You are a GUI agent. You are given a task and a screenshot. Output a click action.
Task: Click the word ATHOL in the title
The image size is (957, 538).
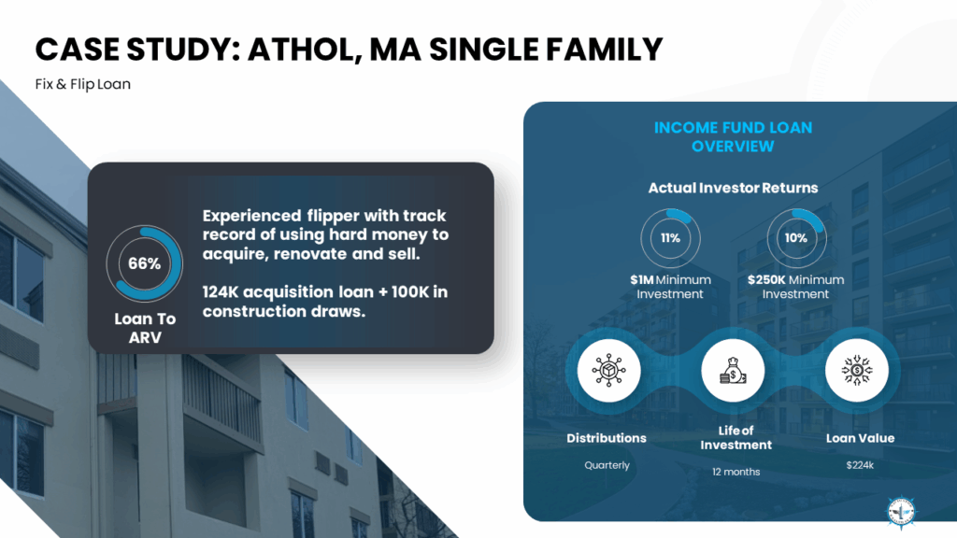(x=303, y=50)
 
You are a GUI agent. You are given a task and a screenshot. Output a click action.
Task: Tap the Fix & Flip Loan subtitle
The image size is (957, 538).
(x=83, y=84)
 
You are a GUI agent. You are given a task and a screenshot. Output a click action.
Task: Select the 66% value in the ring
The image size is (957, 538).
(x=145, y=263)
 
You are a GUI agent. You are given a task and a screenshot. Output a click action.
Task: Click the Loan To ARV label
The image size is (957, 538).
(x=145, y=328)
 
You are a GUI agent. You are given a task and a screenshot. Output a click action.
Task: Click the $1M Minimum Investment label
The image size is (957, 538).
(x=670, y=287)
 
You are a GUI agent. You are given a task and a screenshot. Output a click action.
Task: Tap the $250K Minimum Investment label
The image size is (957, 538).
(x=796, y=287)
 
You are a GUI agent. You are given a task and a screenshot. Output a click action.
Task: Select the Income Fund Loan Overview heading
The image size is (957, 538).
(x=733, y=137)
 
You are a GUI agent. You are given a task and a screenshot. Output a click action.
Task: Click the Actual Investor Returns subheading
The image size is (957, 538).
(x=733, y=188)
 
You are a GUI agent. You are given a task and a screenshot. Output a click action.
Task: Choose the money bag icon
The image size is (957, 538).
(x=733, y=370)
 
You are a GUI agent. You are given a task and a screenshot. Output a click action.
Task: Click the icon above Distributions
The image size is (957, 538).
(x=608, y=370)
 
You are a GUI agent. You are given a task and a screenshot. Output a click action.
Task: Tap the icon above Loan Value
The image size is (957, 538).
(x=857, y=370)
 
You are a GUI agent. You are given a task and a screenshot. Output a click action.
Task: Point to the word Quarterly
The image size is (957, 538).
(x=607, y=465)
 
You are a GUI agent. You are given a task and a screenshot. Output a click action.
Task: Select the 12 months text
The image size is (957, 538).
(x=736, y=472)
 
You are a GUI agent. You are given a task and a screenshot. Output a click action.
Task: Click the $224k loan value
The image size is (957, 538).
(x=860, y=465)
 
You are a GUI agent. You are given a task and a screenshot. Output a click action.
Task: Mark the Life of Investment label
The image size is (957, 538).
(x=736, y=438)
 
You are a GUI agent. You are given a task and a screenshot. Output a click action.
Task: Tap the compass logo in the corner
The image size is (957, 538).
(x=902, y=511)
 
